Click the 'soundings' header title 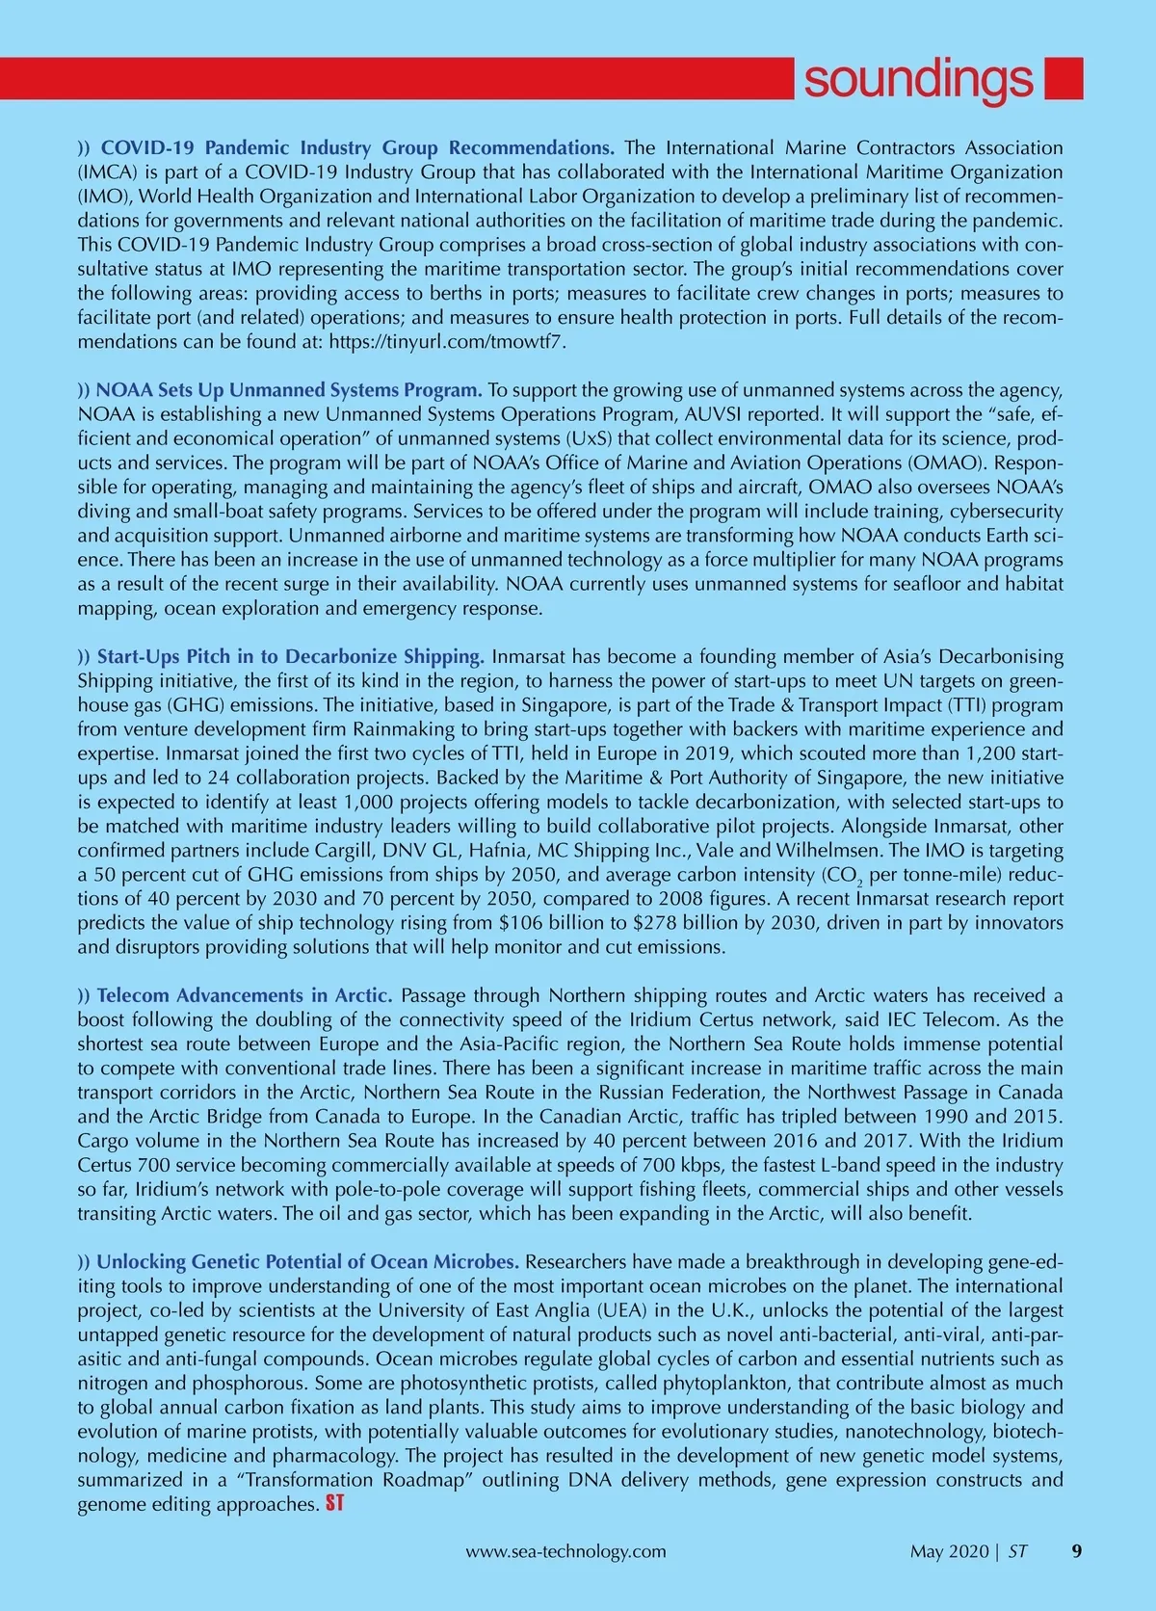coord(917,79)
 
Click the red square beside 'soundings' coord(1064,78)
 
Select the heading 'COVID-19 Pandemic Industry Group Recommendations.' coord(357,148)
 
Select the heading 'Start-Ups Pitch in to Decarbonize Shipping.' coord(290,657)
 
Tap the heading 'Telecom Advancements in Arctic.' coord(244,995)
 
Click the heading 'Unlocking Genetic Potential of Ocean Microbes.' coord(307,1262)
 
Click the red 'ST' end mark coord(334,1503)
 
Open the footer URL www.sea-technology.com coord(565,1552)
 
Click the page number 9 coord(1077,1551)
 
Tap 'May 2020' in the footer coord(949,1552)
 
